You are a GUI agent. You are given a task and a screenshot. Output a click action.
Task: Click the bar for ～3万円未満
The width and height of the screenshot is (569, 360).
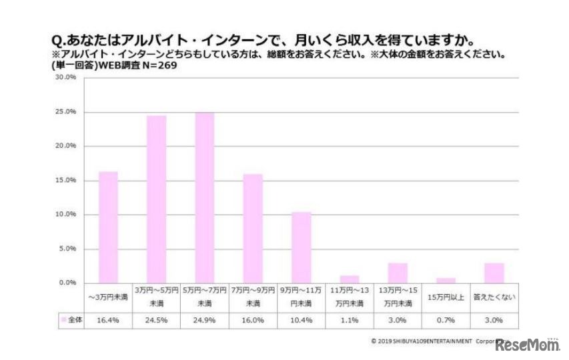point(108,227)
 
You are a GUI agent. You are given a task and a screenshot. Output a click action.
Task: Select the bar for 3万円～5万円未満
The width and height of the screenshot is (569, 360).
point(157,199)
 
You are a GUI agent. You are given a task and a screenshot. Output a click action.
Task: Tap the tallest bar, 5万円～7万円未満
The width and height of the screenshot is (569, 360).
point(205,198)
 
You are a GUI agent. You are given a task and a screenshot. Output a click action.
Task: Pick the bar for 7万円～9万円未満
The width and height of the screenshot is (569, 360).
point(253,229)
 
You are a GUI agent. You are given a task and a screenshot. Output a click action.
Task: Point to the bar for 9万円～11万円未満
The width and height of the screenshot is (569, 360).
point(302,247)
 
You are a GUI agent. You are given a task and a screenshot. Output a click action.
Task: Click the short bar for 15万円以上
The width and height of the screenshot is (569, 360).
point(446,281)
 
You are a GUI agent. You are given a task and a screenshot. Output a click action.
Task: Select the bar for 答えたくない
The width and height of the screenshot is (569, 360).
point(494,273)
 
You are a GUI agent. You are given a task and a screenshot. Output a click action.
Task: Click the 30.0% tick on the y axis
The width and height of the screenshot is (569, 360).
point(66,77)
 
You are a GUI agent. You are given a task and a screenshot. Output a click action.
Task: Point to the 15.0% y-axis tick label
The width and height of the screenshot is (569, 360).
point(66,181)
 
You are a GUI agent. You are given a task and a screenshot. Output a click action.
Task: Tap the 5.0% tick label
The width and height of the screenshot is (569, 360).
point(68,249)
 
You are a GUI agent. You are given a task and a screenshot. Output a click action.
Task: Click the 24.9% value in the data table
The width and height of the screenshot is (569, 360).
point(205,320)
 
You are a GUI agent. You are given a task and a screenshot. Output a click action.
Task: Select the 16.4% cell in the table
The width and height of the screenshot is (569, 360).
point(108,320)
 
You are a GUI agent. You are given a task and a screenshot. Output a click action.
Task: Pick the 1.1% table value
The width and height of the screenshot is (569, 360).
point(350,320)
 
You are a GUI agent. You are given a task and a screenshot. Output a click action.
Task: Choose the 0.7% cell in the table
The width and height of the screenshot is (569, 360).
point(446,320)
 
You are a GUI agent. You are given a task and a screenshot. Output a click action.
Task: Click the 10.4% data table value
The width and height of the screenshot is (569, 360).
point(302,320)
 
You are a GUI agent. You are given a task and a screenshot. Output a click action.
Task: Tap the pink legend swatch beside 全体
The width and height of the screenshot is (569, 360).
point(64,320)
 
